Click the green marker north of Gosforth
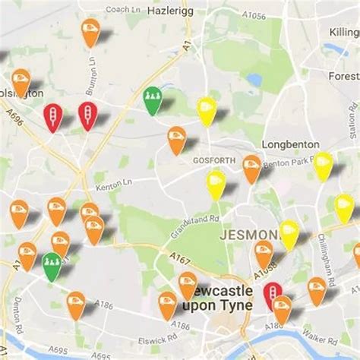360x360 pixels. (153, 98)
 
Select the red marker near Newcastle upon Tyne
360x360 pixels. (271, 292)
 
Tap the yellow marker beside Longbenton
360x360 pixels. (323, 164)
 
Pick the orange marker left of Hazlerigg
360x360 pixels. (90, 30)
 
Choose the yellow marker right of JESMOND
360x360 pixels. (289, 232)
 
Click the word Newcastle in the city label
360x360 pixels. (220, 292)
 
